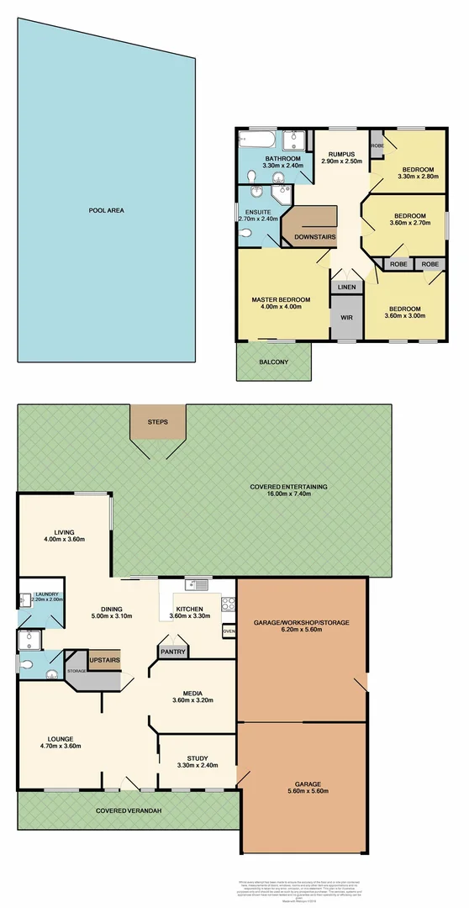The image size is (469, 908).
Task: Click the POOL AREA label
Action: pyautogui.click(x=107, y=210)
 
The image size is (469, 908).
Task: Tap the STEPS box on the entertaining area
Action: pyautogui.click(x=158, y=421)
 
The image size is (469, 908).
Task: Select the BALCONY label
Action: pyautogui.click(x=274, y=362)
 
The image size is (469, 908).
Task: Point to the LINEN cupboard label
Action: pyautogui.click(x=346, y=288)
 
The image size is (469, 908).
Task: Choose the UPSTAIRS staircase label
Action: pyautogui.click(x=104, y=660)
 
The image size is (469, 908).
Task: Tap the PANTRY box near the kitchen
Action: pyautogui.click(x=173, y=651)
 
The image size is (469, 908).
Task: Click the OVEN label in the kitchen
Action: pyautogui.click(x=229, y=630)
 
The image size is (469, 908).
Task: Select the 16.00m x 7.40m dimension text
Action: pyautogui.click(x=288, y=495)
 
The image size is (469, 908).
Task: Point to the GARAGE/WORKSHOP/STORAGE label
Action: pyautogui.click(x=301, y=623)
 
